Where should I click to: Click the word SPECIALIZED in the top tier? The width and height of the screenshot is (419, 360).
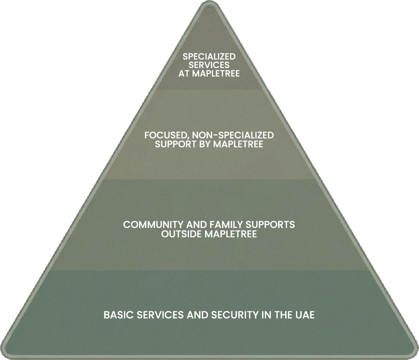(x=209, y=57)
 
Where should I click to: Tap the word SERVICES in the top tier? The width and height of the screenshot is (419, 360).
(x=209, y=65)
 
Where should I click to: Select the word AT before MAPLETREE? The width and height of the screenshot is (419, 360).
(x=184, y=74)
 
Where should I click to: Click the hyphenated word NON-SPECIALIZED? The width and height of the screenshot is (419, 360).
(x=234, y=135)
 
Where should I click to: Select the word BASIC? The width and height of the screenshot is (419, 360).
(x=117, y=315)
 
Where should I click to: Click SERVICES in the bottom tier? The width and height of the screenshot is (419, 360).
(x=158, y=315)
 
